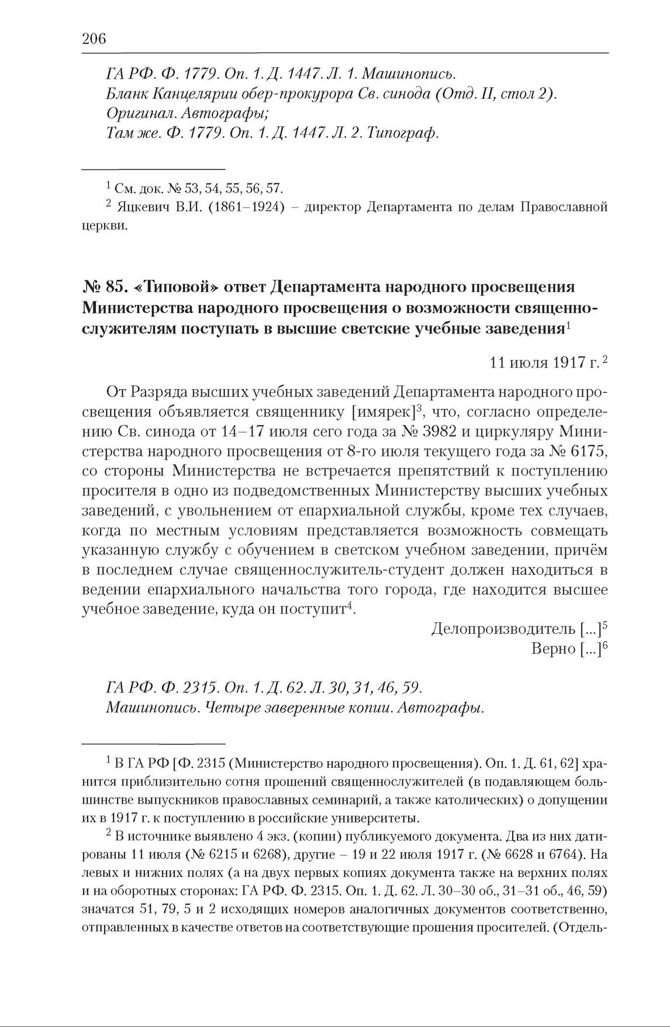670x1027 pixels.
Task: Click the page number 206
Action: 94,39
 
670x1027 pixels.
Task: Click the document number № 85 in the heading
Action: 99,287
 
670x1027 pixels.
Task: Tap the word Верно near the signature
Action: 553,649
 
